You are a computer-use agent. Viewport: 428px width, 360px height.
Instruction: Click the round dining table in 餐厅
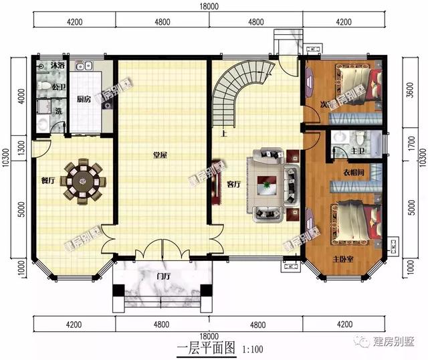tap(82, 179)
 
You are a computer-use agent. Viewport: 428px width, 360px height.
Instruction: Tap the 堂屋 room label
tap(160, 155)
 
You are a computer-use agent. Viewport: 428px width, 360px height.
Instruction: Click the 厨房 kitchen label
tap(84, 99)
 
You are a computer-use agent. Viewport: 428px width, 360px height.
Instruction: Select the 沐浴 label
tap(58, 66)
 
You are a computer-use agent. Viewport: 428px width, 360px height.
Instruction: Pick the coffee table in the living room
tap(268, 184)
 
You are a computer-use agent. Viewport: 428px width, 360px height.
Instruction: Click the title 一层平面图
tap(207, 349)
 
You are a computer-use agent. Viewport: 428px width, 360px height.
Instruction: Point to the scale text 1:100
tap(251, 349)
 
